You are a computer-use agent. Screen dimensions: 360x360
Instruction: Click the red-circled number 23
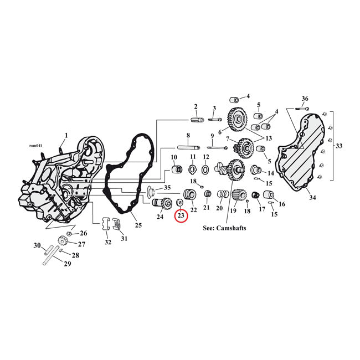point(181,216)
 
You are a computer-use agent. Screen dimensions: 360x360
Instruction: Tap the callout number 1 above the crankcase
point(66,135)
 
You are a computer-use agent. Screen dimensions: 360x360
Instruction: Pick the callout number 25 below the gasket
point(138,224)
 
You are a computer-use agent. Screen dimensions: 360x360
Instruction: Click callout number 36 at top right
point(304,99)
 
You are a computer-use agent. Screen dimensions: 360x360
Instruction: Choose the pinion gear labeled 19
point(240,196)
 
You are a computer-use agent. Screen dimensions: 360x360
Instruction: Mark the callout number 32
point(107,242)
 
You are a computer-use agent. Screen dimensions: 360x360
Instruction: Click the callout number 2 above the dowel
point(195,106)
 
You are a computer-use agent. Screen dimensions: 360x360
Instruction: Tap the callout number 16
point(282,204)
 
